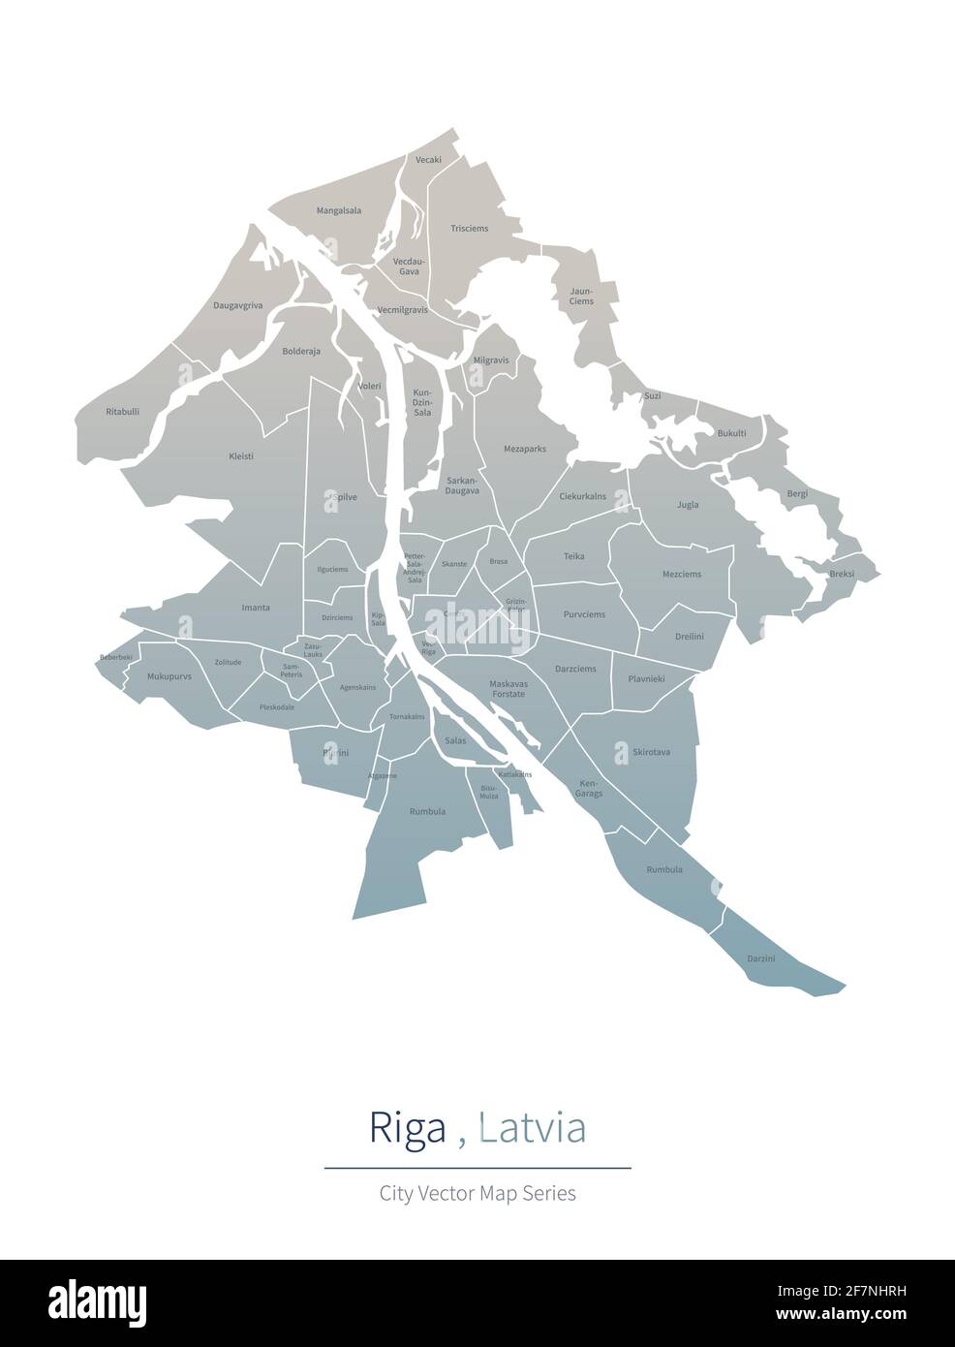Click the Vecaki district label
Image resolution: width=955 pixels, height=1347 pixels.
(x=428, y=160)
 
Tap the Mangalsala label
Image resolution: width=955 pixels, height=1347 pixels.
(x=338, y=210)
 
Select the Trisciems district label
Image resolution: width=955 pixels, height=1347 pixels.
(x=470, y=229)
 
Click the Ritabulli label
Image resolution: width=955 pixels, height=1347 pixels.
(x=123, y=412)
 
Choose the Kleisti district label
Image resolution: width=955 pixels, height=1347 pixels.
(x=241, y=456)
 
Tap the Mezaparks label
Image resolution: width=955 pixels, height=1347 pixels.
(x=525, y=450)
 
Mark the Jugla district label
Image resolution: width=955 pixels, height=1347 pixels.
(x=688, y=505)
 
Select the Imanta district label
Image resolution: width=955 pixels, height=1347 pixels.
(x=256, y=608)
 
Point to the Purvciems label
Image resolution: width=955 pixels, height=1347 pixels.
(x=584, y=614)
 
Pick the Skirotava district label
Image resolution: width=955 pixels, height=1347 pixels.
(x=651, y=752)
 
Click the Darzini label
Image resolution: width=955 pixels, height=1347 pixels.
(x=761, y=958)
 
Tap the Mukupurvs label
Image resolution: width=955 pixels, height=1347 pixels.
(x=169, y=676)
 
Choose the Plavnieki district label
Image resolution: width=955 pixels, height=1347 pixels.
(x=646, y=679)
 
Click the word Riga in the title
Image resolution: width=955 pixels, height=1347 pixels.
(x=408, y=1129)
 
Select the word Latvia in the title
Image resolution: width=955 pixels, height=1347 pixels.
(x=533, y=1129)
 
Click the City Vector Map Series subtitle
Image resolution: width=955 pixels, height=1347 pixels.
(x=477, y=1193)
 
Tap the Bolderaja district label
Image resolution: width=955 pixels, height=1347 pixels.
(x=301, y=352)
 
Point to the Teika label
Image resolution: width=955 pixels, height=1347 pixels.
(x=574, y=557)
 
